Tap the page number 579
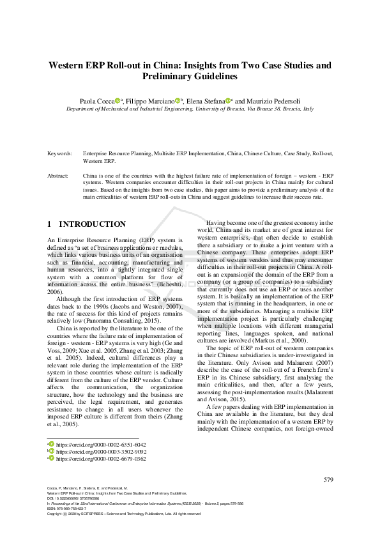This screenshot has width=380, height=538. [x=328, y=480]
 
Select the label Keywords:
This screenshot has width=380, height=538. [x=60, y=154]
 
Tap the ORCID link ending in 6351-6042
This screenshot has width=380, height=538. [x=100, y=444]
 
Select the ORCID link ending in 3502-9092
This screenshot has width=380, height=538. [x=100, y=451]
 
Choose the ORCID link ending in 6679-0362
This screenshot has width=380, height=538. [x=100, y=459]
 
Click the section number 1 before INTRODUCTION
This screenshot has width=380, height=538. [x=50, y=224]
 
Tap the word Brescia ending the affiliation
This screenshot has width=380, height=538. [x=285, y=109]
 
